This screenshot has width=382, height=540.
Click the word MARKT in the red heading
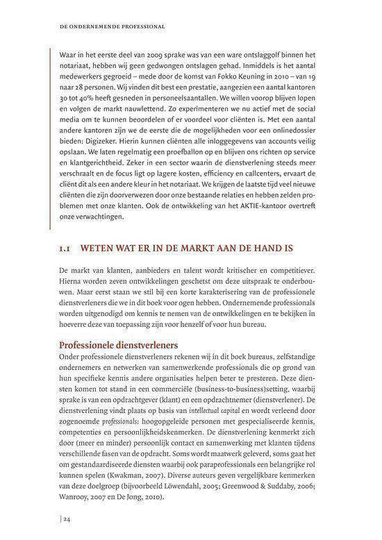(202, 247)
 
